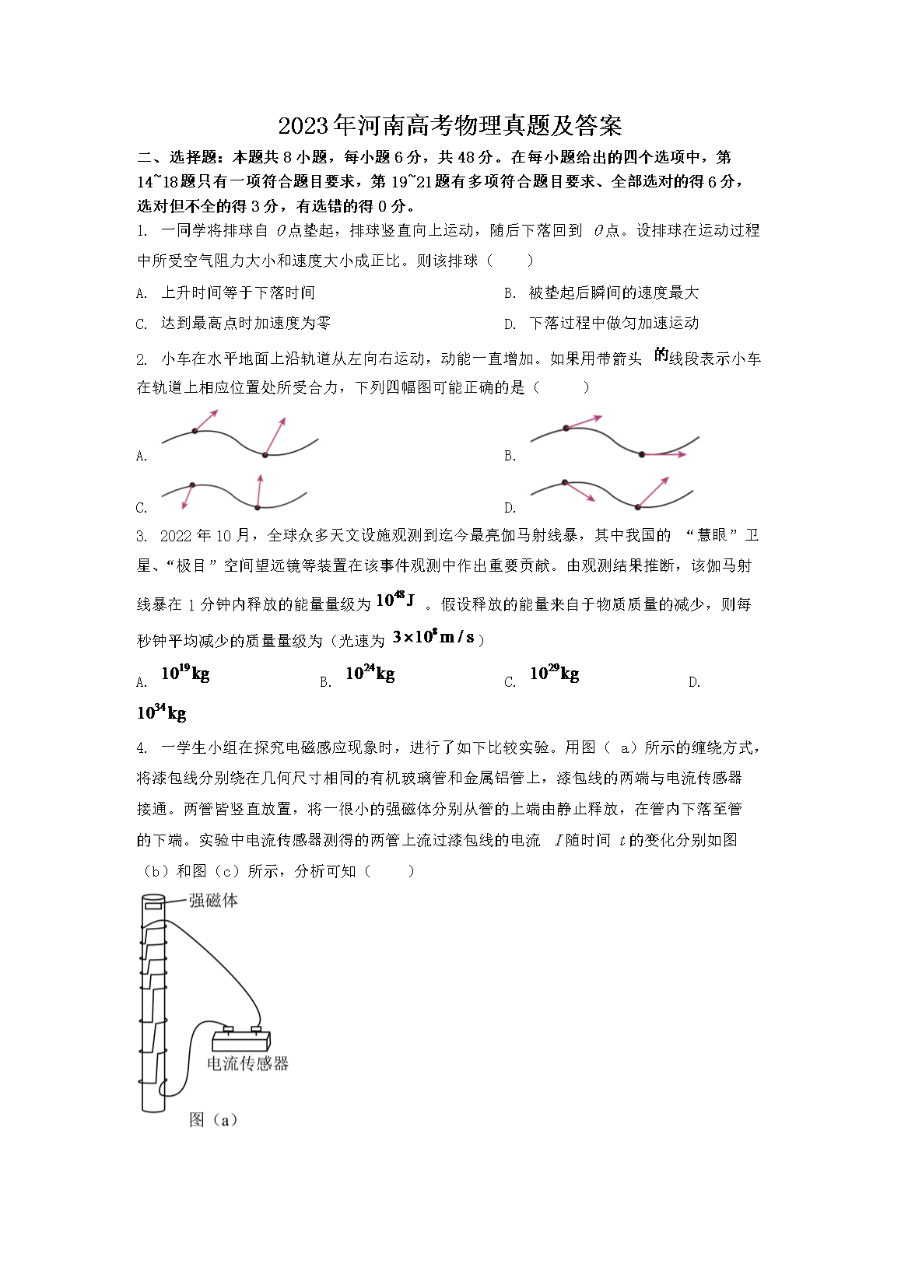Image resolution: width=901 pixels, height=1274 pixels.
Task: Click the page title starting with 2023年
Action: tap(450, 125)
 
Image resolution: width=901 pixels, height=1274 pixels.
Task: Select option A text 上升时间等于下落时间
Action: tap(237, 292)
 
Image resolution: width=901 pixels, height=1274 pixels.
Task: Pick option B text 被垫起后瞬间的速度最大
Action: tap(613, 292)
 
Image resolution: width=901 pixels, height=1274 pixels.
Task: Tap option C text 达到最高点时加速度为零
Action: tap(245, 323)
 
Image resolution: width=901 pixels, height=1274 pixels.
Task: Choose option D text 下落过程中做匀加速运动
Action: tap(613, 323)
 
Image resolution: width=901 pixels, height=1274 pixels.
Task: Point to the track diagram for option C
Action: tap(233, 493)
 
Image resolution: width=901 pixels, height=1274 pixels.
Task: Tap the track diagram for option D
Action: tap(612, 493)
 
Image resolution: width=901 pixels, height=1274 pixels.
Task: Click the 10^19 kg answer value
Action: tap(185, 674)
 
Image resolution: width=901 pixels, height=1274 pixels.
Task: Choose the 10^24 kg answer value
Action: tap(370, 674)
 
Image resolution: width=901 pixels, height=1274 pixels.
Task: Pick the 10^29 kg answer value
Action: tap(554, 674)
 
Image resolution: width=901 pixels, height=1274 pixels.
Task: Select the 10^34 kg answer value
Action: tap(162, 712)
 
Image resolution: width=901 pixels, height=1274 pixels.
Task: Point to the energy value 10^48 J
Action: tap(395, 600)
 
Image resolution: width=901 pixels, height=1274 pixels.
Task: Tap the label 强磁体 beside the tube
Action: tap(213, 901)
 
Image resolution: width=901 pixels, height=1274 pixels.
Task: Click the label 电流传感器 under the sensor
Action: tap(247, 1063)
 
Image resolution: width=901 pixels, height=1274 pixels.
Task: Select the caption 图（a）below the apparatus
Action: tap(213, 1120)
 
